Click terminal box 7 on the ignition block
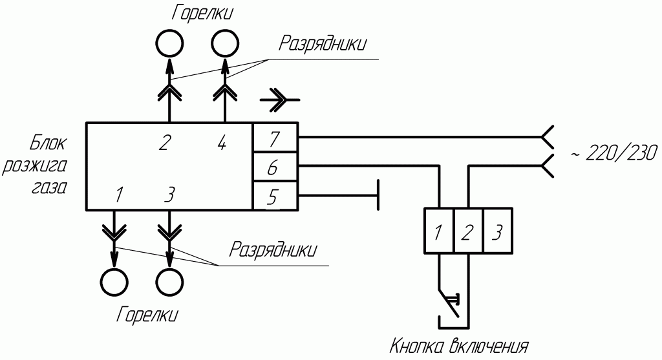[274, 138]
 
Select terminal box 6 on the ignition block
[274, 168]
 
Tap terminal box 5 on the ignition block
[274, 196]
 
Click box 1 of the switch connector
[438, 231]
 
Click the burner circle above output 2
[169, 44]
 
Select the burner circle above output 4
[225, 44]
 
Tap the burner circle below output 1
[114, 282]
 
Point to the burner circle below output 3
[169, 282]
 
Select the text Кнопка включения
[458, 346]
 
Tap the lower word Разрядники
[274, 249]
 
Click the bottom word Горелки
[147, 315]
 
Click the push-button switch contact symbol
[450, 301]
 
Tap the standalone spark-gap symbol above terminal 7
[279, 100]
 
